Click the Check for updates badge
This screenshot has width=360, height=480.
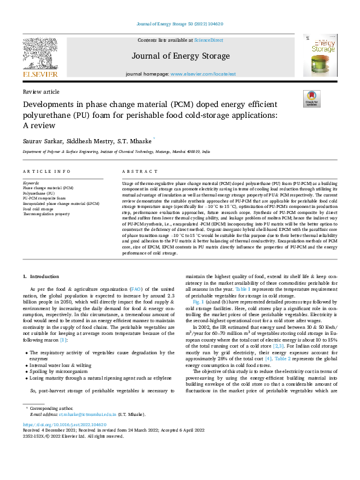pos(312,99)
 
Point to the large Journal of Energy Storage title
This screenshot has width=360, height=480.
pos(180,56)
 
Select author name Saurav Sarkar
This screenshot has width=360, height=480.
pos(43,140)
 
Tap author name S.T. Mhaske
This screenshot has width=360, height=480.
pos(137,140)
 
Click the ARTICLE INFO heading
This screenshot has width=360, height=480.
pos(47,171)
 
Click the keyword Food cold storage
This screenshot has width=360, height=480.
pos(39,210)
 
